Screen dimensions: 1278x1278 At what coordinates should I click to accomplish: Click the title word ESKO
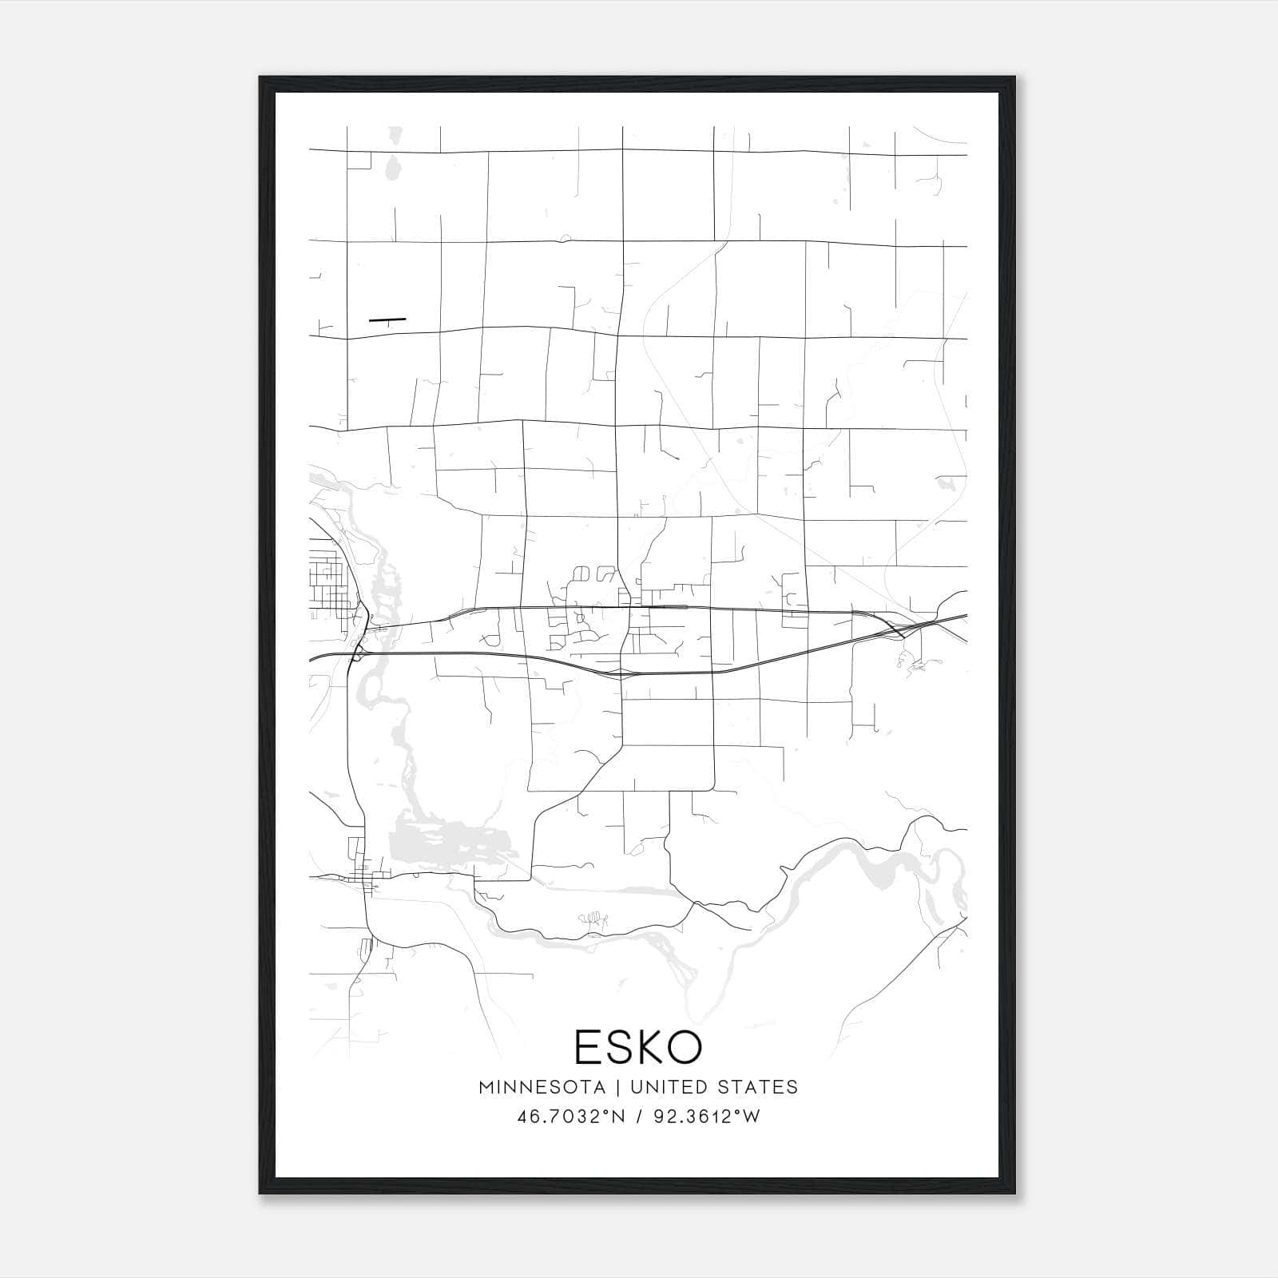[638, 1047]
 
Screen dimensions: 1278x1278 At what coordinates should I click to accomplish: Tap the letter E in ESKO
[587, 1047]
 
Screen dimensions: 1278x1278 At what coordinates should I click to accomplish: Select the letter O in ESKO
[689, 1047]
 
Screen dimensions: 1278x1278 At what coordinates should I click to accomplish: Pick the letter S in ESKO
[621, 1047]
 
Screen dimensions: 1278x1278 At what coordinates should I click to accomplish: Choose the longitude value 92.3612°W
[707, 1117]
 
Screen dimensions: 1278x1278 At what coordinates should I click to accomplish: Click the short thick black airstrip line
[387, 319]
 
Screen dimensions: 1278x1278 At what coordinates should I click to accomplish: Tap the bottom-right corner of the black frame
[1014, 1193]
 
